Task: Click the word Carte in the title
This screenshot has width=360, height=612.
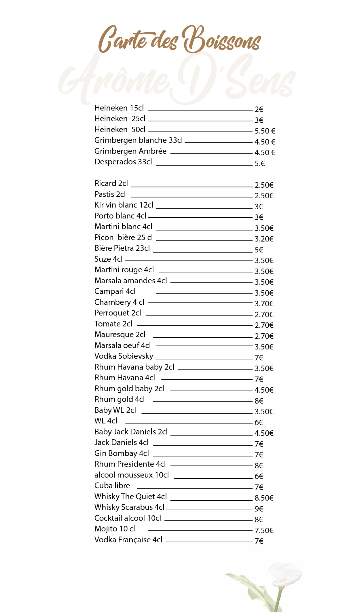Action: pyautogui.click(x=122, y=40)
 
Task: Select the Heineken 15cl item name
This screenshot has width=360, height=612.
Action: pyautogui.click(x=119, y=108)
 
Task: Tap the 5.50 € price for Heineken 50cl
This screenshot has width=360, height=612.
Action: pyautogui.click(x=265, y=131)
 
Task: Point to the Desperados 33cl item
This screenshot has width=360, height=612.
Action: pyautogui.click(x=123, y=162)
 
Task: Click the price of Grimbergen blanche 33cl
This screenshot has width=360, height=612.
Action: pyautogui.click(x=265, y=142)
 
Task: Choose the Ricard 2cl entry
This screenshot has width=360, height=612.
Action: pyautogui.click(x=111, y=183)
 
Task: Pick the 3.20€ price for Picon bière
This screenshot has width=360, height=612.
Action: pyautogui.click(x=264, y=239)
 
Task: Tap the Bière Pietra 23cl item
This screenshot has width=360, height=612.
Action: pyautogui.click(x=122, y=248)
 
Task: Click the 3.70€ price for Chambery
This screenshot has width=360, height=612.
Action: pyautogui.click(x=264, y=304)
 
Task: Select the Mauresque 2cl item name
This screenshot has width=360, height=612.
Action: pyautogui.click(x=120, y=334)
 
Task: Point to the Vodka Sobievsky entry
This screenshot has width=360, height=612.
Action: pyautogui.click(x=124, y=356)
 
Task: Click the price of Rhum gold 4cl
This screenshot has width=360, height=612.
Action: pyautogui.click(x=259, y=401)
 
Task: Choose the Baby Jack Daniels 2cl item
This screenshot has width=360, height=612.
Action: pyautogui.click(x=131, y=432)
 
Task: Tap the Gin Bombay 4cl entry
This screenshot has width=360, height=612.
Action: pyautogui.click(x=122, y=453)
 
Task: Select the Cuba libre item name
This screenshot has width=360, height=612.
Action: pyautogui.click(x=112, y=486)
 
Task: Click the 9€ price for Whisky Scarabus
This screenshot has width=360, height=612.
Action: pyautogui.click(x=259, y=509)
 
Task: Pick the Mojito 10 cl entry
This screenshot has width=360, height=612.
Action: pyautogui.click(x=115, y=529)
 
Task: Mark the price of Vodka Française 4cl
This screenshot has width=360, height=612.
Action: pyautogui.click(x=259, y=541)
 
